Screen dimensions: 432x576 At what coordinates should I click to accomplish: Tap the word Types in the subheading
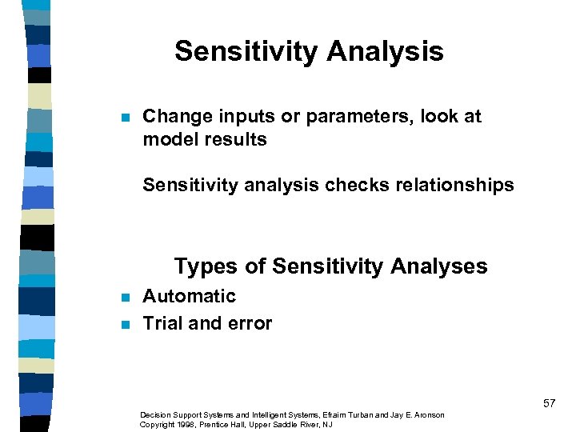tap(200, 266)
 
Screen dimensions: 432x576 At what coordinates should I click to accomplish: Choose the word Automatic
tap(189, 296)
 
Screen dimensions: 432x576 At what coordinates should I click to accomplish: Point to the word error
tap(250, 323)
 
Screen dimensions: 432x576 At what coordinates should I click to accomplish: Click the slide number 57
tap(549, 403)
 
